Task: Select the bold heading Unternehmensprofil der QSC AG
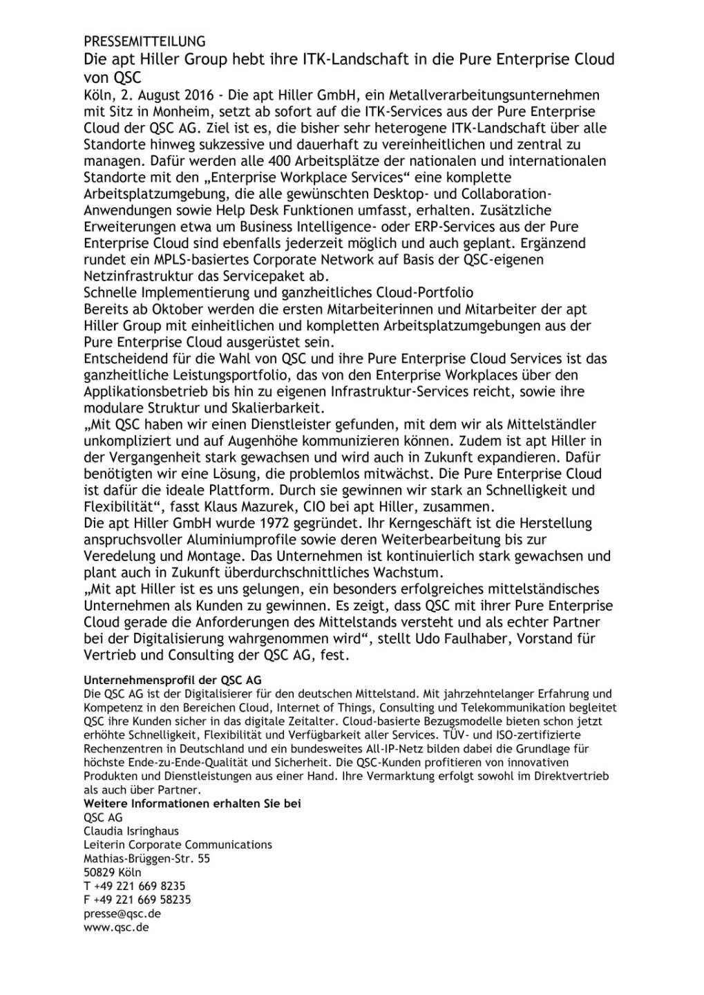click(172, 680)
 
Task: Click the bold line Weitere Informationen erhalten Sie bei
click(192, 804)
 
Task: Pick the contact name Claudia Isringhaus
click(131, 831)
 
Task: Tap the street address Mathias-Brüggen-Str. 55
click(146, 859)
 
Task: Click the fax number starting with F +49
click(137, 900)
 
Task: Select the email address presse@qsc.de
click(122, 913)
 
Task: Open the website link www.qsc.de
click(116, 927)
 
